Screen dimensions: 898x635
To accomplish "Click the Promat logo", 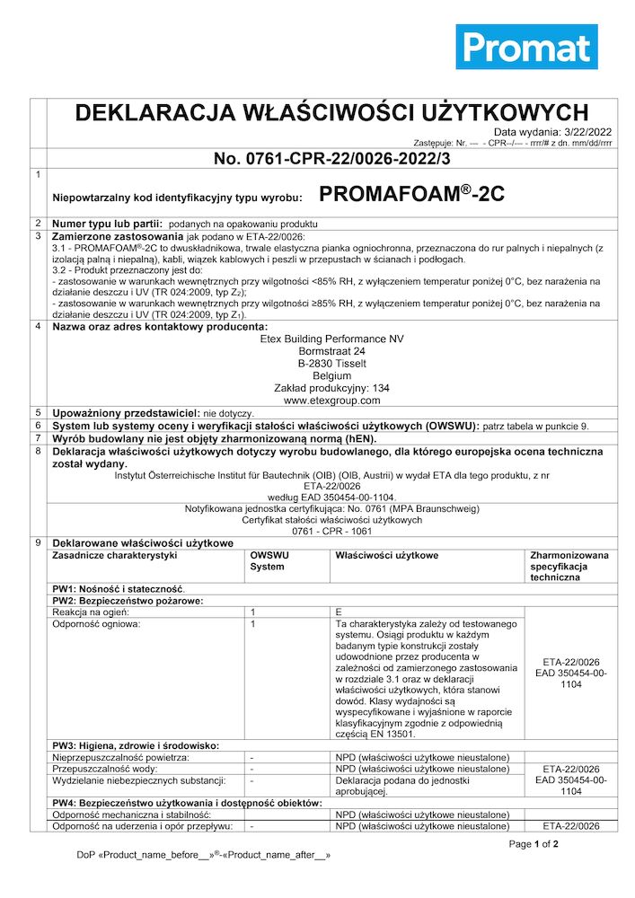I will coord(525,47).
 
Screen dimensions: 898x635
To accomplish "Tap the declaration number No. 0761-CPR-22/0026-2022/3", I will coord(331,159).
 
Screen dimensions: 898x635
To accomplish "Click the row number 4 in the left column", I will coord(37,326).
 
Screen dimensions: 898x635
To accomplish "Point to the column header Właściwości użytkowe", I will coord(386,556).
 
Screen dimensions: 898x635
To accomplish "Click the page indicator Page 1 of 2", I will coord(534,844).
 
